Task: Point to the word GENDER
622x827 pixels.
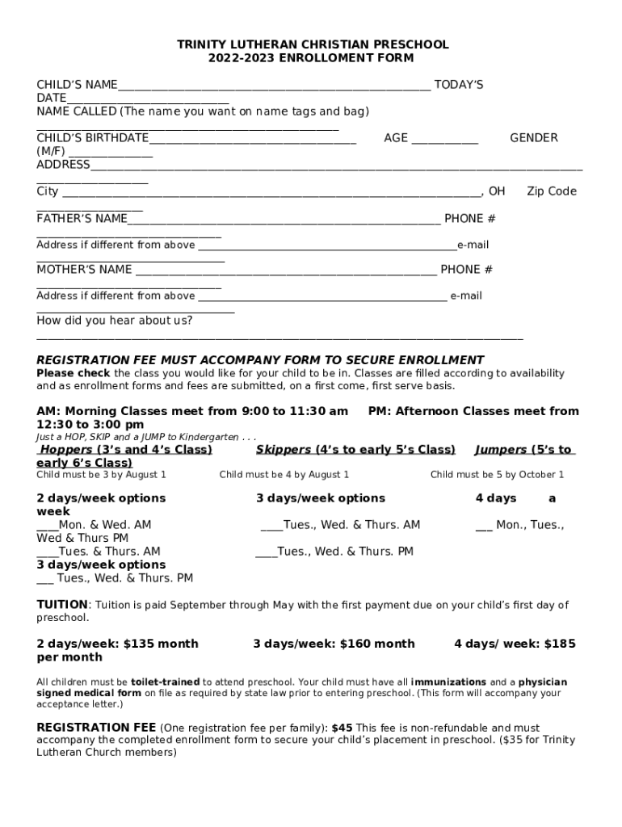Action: [x=533, y=138]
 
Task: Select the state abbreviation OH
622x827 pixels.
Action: [x=496, y=191]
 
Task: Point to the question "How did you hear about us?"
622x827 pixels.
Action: [x=115, y=321]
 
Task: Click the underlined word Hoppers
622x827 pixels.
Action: [x=66, y=450]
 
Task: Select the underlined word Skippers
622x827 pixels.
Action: [x=284, y=450]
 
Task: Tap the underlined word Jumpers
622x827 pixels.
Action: [x=501, y=450]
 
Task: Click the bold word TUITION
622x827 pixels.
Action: [x=62, y=604]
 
